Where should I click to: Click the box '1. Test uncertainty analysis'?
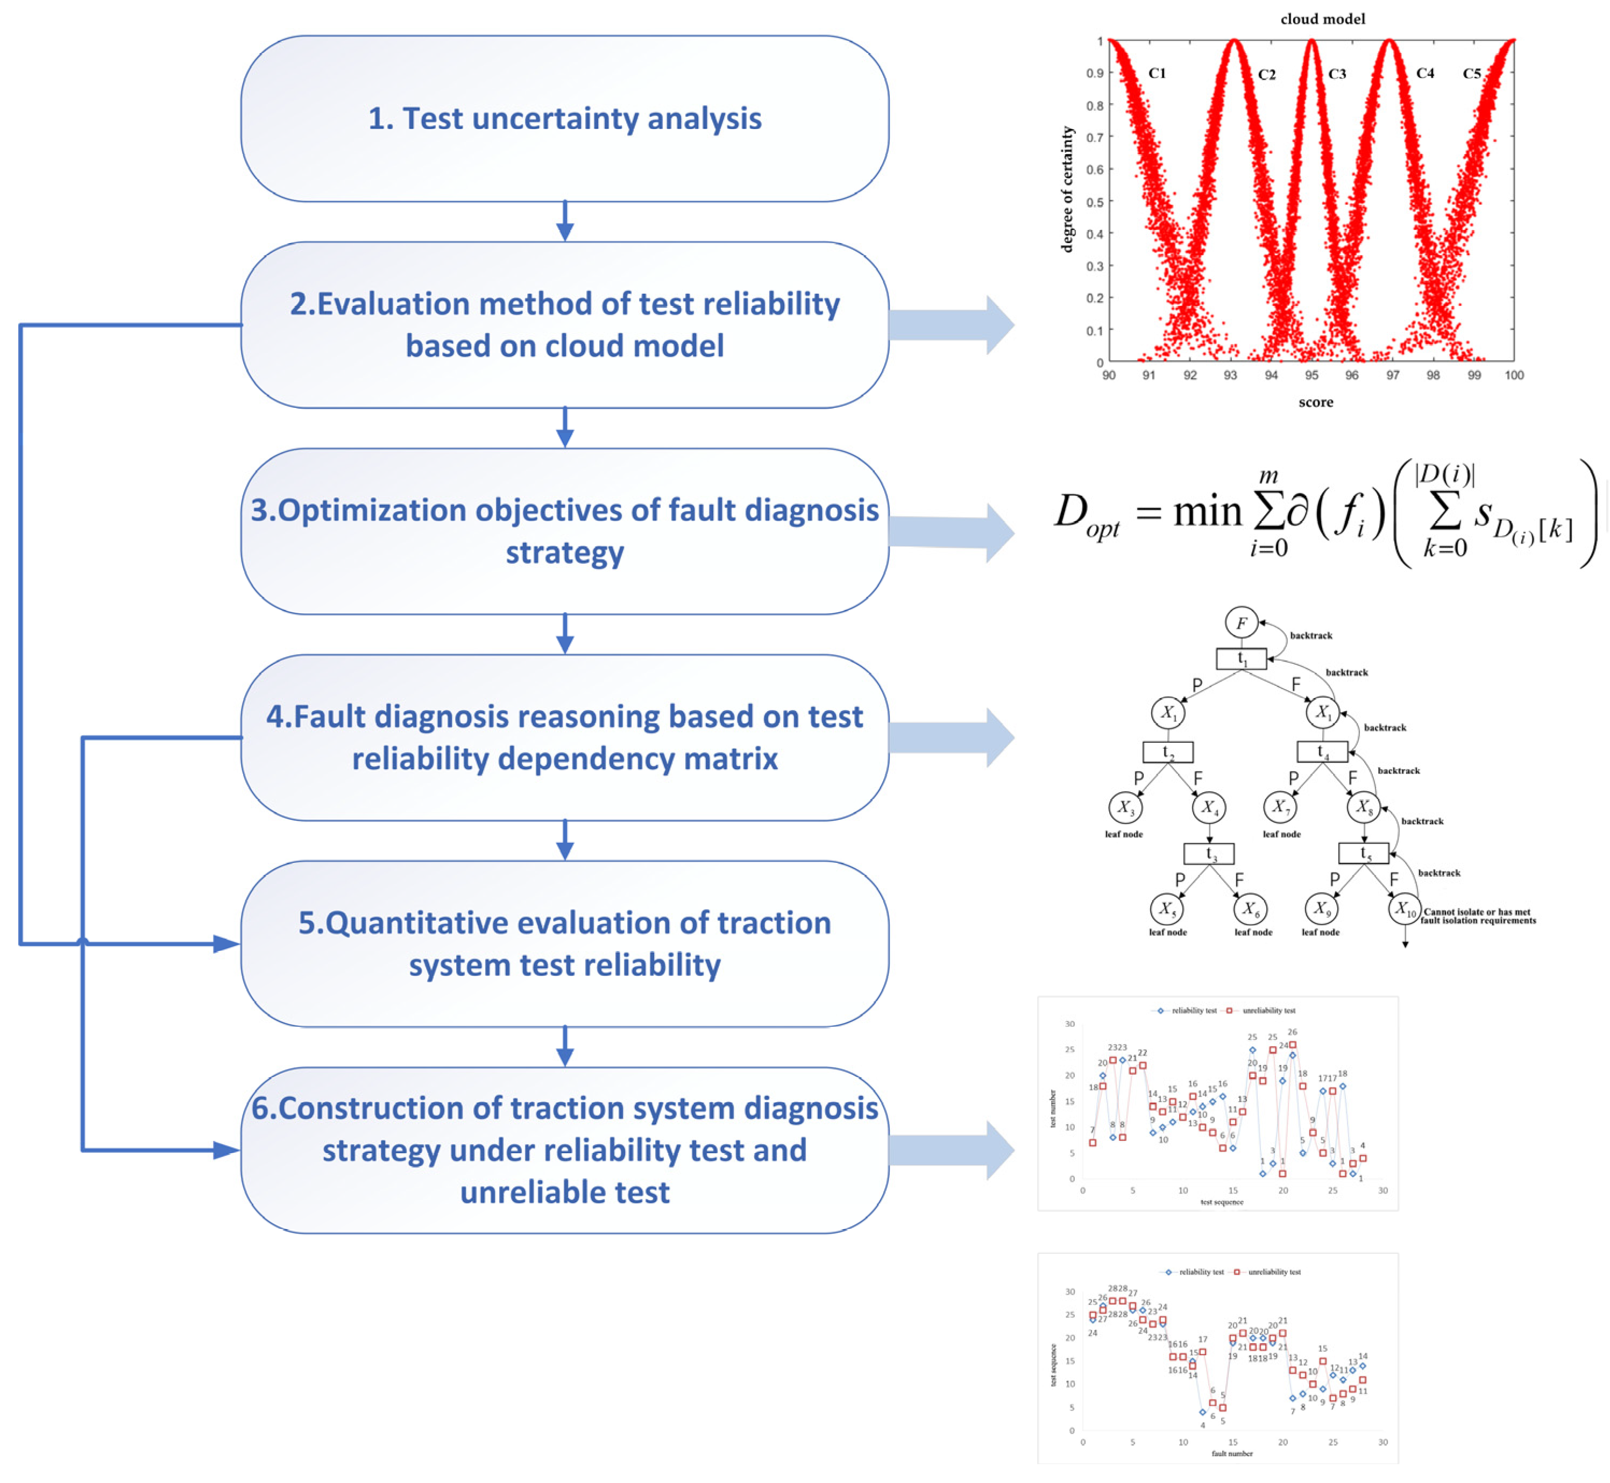coord(564,119)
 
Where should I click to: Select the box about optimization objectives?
coord(564,531)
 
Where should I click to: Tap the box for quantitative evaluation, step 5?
coord(564,943)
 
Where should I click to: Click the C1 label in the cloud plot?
coord(1157,73)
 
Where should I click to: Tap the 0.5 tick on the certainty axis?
coord(1095,201)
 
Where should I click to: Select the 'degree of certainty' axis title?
coord(1067,189)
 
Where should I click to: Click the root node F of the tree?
coord(1241,623)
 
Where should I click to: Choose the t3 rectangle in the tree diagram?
coord(1209,854)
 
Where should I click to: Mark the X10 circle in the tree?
coord(1404,909)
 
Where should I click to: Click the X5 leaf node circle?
coord(1166,909)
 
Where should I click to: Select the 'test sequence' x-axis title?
coord(1222,1202)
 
